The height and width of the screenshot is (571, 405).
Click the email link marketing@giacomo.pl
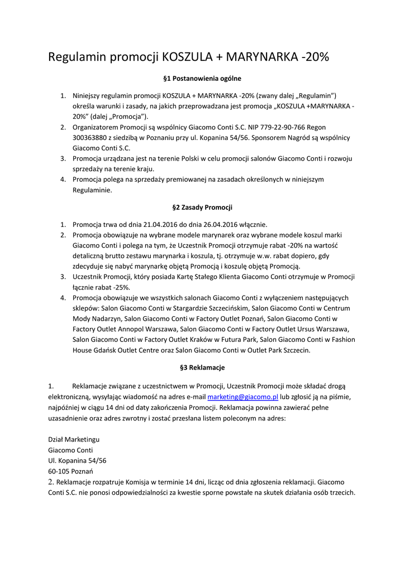tap(242, 396)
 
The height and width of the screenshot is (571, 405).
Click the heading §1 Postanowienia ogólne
tap(202, 79)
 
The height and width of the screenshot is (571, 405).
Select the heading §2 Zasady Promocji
tap(202, 207)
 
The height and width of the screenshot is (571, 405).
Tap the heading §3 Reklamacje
tap(202, 368)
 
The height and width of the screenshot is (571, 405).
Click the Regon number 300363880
tap(93, 138)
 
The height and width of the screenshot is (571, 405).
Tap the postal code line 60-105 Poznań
tap(70, 471)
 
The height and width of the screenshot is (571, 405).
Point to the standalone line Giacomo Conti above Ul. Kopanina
tap(70, 450)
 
